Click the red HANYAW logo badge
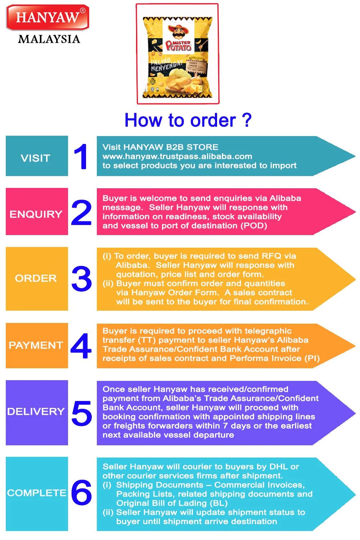48,17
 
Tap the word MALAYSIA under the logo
49,39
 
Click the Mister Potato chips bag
177,58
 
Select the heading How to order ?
188,120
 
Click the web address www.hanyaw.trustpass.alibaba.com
177,156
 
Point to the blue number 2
81,212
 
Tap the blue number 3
82,279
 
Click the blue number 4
81,346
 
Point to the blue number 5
82,413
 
